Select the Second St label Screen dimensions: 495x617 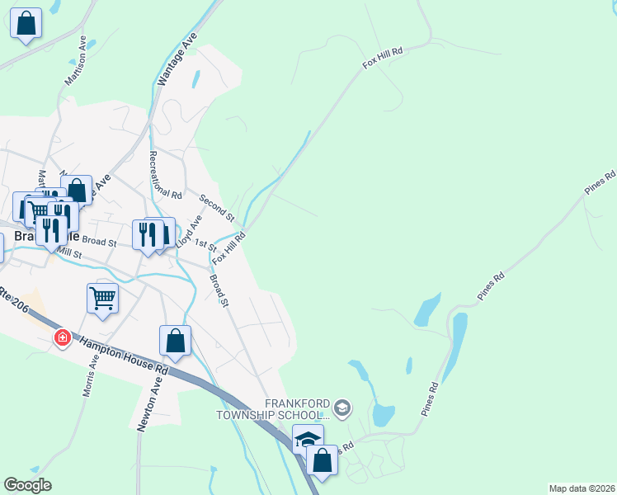217,206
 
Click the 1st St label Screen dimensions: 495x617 205,246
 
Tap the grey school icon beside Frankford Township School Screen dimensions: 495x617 343,407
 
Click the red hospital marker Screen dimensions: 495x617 63,338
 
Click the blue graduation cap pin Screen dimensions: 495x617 308,439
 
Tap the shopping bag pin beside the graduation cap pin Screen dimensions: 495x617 322,460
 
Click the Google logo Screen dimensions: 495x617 27,485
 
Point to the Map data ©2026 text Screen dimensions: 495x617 582,488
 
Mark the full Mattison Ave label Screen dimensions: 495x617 76,61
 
